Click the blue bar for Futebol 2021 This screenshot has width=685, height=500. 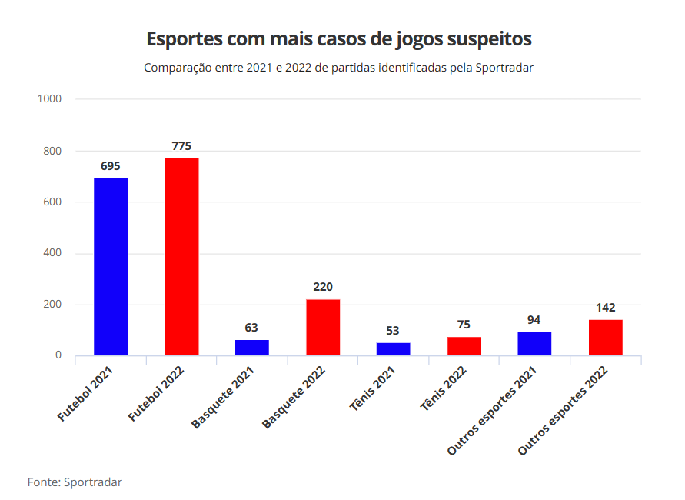(x=111, y=267)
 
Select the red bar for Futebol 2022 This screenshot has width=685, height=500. (x=181, y=257)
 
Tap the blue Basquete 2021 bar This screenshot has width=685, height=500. (x=252, y=348)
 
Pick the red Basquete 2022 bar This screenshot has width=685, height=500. (x=323, y=328)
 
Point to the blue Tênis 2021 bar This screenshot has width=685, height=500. (x=393, y=349)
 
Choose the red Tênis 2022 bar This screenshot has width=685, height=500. (x=464, y=346)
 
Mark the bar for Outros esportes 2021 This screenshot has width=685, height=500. (x=534, y=344)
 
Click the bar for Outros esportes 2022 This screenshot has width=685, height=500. (x=605, y=338)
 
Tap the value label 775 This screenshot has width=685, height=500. (x=181, y=146)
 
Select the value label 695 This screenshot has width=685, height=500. (x=111, y=166)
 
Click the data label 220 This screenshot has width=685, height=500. (x=323, y=287)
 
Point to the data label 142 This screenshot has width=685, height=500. (x=605, y=308)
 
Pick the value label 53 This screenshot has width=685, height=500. (x=393, y=331)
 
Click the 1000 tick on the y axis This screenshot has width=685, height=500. (x=49, y=99)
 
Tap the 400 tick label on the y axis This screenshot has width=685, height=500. (x=52, y=253)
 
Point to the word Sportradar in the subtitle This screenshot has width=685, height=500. (x=504, y=68)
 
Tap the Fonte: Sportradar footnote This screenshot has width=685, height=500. (x=75, y=482)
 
